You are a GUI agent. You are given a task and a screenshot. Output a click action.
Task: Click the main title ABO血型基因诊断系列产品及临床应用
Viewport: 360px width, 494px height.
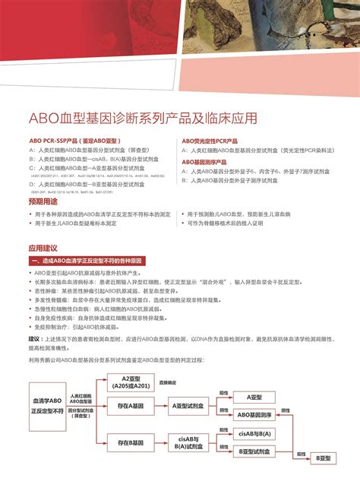[143, 119]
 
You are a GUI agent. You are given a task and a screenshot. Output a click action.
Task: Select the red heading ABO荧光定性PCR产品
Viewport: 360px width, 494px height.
[209, 141]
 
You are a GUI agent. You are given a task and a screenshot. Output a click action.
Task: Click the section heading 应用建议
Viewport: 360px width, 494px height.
[43, 248]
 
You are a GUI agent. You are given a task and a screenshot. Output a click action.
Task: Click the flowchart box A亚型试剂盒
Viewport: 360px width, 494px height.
[188, 407]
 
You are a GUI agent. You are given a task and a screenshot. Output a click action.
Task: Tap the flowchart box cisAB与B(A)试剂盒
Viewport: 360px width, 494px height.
[188, 442]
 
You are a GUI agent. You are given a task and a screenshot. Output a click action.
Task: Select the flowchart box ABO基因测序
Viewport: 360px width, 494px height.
[254, 415]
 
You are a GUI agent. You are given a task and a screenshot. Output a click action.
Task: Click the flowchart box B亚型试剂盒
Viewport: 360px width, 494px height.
[254, 451]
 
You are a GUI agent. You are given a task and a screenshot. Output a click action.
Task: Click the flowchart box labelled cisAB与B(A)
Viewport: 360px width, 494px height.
[254, 433]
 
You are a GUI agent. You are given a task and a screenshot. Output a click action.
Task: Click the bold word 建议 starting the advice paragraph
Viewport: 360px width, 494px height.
[34, 339]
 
